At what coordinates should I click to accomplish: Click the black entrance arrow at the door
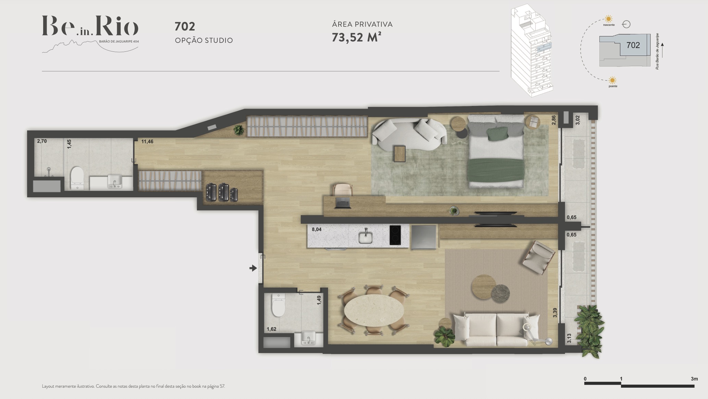point(253,268)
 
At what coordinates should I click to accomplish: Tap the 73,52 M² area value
point(356,37)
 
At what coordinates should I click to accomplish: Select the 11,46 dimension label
point(147,142)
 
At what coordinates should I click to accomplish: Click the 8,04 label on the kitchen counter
point(316,229)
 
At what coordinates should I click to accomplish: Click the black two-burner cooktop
point(395,235)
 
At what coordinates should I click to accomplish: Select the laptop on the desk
point(343,203)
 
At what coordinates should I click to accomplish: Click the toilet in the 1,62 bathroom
point(278,305)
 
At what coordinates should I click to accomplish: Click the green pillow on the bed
point(497,133)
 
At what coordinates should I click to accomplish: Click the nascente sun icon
point(609,19)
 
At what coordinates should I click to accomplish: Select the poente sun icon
point(612,81)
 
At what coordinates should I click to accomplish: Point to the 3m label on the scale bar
point(694,379)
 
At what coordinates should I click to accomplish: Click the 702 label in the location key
point(633,45)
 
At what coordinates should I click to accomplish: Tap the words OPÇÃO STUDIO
point(204,40)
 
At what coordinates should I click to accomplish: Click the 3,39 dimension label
point(555,313)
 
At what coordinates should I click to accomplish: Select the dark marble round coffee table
point(500,293)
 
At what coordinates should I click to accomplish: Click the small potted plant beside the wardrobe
point(239,130)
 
